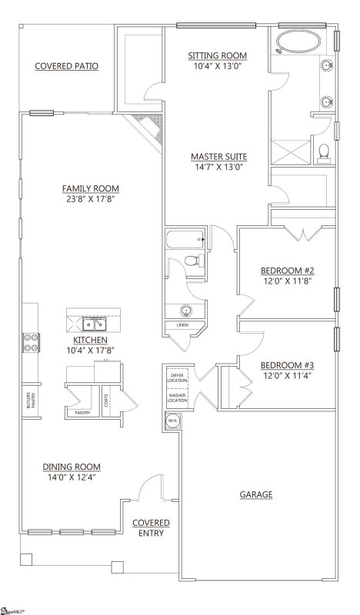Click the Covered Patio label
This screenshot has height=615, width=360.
pos(66,66)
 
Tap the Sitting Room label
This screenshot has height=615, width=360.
pos(218,56)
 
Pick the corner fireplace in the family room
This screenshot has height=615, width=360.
pos(148,128)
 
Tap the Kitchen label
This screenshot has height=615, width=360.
pos(90,339)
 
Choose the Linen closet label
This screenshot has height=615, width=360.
pos(182,325)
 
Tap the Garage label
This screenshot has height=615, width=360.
pos(257,494)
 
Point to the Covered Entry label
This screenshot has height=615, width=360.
pos(151,527)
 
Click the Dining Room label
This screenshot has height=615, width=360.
pos(71,467)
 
